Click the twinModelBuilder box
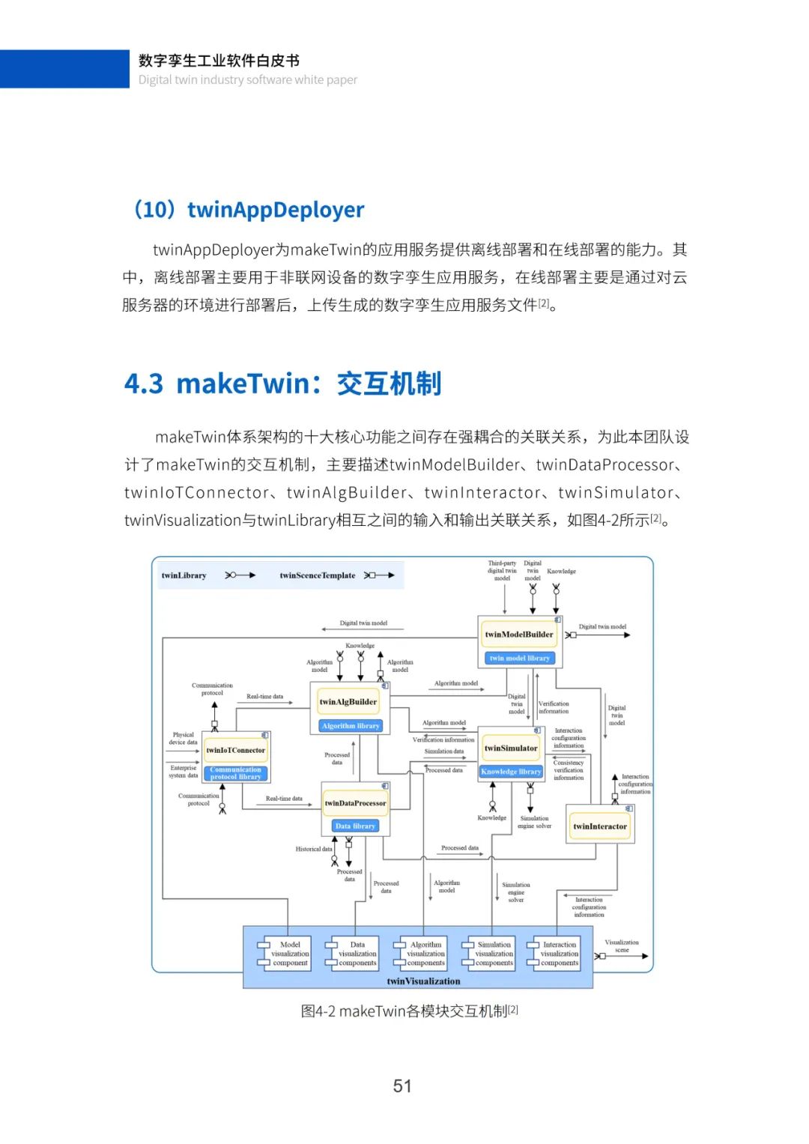point(519,635)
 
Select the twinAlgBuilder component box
point(348,702)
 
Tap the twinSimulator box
point(511,748)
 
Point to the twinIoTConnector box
point(235,750)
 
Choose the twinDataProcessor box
point(355,803)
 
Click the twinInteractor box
point(600,826)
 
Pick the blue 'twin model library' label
point(519,659)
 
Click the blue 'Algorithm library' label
point(351,726)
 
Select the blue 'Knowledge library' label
point(511,772)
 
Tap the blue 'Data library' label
point(355,826)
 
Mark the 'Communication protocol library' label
point(235,773)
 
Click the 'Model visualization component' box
point(290,954)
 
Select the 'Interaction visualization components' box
point(560,954)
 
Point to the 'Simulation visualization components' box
point(494,954)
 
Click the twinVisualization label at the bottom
point(423,981)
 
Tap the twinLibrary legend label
point(184,575)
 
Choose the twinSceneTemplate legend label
point(318,575)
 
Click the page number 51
point(402,1086)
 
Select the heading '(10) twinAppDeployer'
point(248,210)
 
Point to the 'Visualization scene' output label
point(622,945)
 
